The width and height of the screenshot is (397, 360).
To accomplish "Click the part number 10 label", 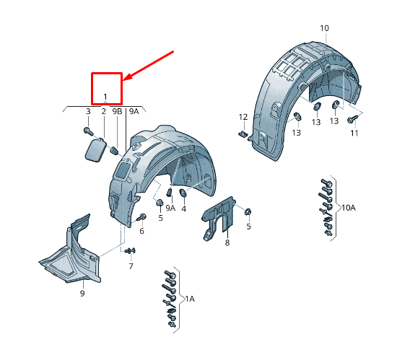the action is (x=324, y=28).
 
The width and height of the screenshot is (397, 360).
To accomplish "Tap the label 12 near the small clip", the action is (x=243, y=117).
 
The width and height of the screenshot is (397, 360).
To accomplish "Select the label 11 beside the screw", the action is (x=354, y=133).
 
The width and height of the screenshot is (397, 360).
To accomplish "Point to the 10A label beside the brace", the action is (x=349, y=208).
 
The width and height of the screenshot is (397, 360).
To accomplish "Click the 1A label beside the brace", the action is (x=190, y=299).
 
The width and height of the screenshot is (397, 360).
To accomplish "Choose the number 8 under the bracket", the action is (x=227, y=242).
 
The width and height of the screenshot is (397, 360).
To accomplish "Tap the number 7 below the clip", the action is (x=131, y=266).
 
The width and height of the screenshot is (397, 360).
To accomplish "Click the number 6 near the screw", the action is (x=141, y=231).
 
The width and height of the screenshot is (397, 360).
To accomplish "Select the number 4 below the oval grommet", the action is (x=184, y=208).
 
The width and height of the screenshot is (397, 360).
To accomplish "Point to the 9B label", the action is (x=117, y=111).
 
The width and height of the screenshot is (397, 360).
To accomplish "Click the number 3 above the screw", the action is (x=88, y=111).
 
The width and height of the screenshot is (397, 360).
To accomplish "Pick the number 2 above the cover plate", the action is (x=103, y=111).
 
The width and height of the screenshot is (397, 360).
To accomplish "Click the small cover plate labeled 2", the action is (x=96, y=149).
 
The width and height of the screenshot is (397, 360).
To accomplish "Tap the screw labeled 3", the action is (x=88, y=131).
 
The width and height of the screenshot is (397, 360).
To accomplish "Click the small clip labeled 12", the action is (x=243, y=134).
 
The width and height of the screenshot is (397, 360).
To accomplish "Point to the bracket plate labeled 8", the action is (x=219, y=218).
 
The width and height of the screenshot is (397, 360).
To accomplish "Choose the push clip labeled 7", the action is (x=130, y=251).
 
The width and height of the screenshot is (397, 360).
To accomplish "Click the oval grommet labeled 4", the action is (x=183, y=193).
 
